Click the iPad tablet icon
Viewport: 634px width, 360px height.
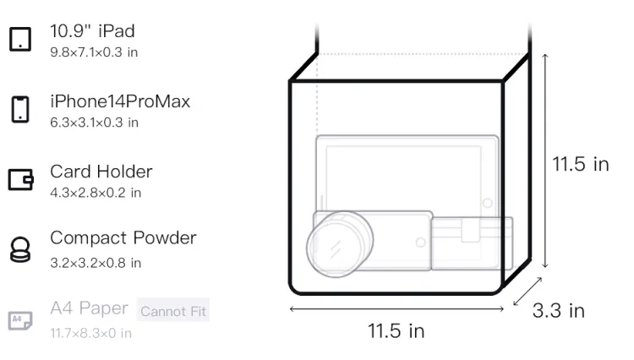(20, 39)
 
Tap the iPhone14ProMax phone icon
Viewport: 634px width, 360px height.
(20, 109)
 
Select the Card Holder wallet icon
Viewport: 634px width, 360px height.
(20, 179)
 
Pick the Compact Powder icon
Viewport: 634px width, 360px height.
(20, 249)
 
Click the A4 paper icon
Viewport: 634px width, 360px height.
(20, 320)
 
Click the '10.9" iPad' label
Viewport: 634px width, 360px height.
(93, 31)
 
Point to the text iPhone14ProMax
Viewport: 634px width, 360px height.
(120, 101)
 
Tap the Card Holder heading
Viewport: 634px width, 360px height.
(101, 172)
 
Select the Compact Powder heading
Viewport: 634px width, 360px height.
(123, 238)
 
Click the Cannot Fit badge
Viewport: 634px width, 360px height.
(173, 310)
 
